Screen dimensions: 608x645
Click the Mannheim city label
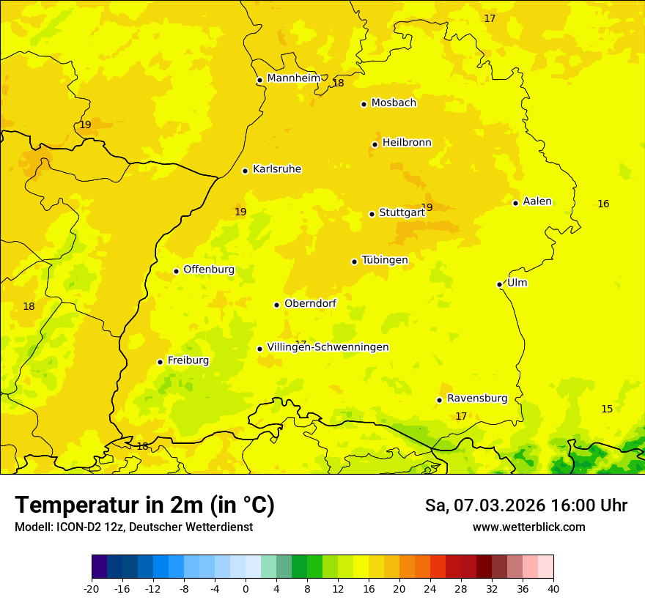[x=293, y=78]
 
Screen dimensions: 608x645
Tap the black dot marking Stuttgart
[x=372, y=214]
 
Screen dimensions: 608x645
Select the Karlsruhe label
[x=276, y=169]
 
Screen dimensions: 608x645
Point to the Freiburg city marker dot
[x=160, y=362]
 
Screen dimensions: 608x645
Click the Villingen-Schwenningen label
[x=328, y=347]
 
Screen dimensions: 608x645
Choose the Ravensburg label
[x=476, y=398]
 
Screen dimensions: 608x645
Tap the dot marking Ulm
[x=499, y=284]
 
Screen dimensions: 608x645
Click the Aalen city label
[x=537, y=201]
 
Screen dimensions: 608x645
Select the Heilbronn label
[x=406, y=143]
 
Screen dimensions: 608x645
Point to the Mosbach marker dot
[x=364, y=104]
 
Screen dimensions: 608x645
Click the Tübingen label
[x=384, y=260]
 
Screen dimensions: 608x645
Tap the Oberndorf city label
[x=310, y=303]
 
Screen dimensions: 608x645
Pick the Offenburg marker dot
[x=176, y=271]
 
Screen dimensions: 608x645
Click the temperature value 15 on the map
[x=607, y=409]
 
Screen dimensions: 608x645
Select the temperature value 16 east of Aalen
[x=603, y=204]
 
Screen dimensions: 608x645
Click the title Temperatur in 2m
[x=144, y=505]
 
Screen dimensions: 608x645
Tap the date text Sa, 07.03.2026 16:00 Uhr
[x=526, y=505]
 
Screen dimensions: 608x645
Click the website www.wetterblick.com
[x=528, y=527]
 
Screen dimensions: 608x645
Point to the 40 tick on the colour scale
[x=553, y=588]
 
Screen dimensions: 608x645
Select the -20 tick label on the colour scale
[x=92, y=588]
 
